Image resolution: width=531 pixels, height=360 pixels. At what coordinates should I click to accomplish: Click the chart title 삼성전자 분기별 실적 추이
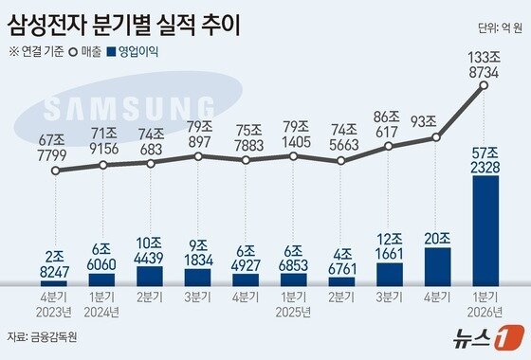[x=123, y=23]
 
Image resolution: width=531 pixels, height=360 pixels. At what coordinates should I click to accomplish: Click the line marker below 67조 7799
[x=56, y=171]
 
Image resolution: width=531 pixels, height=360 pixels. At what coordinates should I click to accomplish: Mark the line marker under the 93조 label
[x=436, y=138]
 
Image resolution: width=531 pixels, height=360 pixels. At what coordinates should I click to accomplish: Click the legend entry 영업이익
[x=134, y=52]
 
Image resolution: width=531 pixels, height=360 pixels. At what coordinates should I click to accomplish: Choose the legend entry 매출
[x=89, y=52]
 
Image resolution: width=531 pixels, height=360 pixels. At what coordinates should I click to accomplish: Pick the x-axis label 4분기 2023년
[x=56, y=306]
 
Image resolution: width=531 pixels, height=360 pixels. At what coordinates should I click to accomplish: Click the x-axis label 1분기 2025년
[x=294, y=306]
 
